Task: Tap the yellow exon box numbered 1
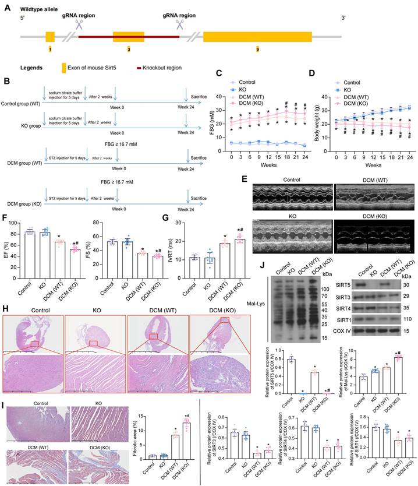tap(50, 37)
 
